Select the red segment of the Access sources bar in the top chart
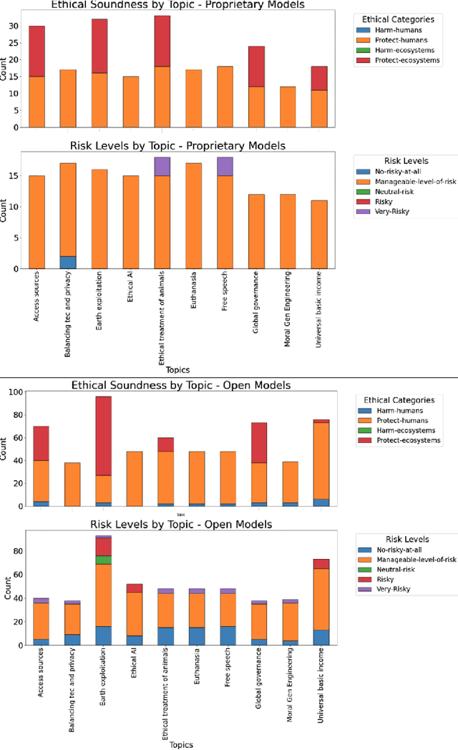[36, 51]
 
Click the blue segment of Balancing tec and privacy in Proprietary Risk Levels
[69, 262]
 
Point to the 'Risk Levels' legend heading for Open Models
[402, 539]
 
